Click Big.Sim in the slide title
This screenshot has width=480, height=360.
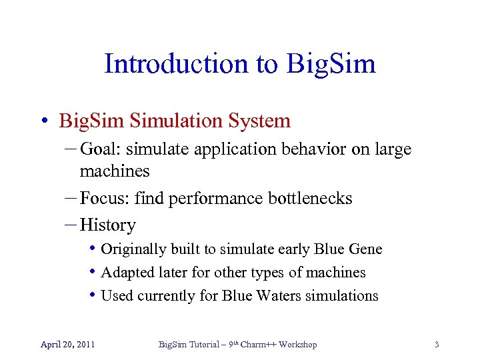pos(331,64)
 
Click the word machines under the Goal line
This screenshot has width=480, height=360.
pos(114,171)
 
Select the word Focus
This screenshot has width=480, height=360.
pos(103,198)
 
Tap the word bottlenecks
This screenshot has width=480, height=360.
pos(310,198)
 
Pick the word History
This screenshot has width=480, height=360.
pos(108,225)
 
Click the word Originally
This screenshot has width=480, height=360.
pos(133,249)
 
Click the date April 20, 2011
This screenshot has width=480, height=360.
pos(67,345)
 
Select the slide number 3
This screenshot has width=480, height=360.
pos(437,345)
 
